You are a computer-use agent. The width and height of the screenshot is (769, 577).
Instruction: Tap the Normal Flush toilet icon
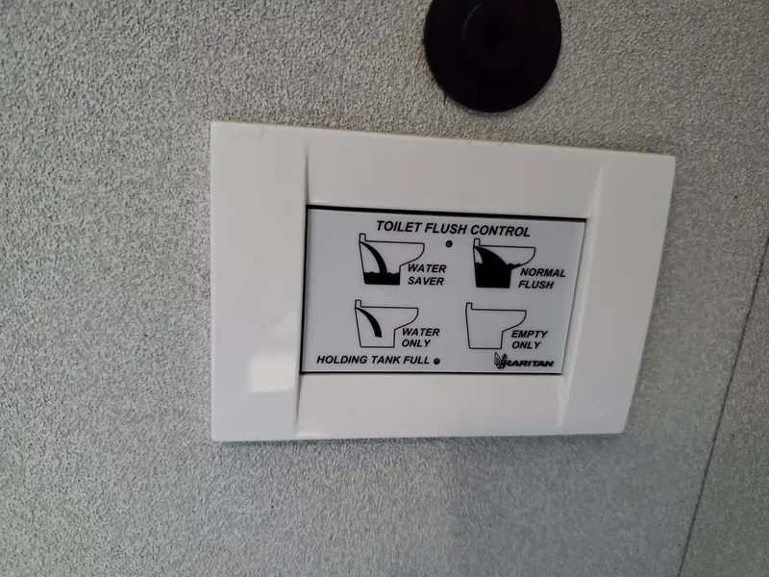coord(503,265)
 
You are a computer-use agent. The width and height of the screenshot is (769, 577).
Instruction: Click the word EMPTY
coord(530,334)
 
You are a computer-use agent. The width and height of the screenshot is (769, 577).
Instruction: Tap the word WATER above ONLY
coord(422,332)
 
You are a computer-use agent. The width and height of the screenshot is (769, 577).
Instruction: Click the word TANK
coord(391,361)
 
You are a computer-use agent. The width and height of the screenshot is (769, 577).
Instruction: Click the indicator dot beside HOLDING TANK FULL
coord(437,363)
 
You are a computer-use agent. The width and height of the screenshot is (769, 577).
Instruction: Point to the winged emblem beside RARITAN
coord(501,361)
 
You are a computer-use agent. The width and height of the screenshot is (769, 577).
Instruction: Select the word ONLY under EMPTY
coord(528,344)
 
